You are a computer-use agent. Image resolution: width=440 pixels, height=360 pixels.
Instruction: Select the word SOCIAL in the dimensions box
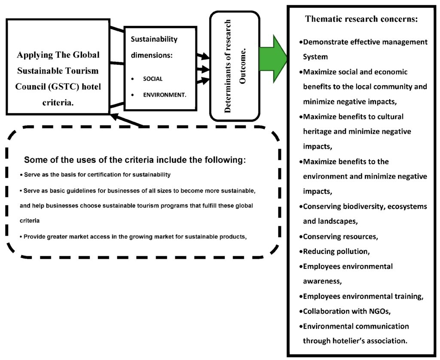coord(153,79)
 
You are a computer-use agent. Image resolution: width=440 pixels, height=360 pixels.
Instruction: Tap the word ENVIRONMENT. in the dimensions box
coord(165,95)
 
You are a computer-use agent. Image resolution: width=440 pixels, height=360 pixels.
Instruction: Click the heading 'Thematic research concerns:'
coord(361,19)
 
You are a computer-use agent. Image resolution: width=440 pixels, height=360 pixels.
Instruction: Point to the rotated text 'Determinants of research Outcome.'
coord(235,66)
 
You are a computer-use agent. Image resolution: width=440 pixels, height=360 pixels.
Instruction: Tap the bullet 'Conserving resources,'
coord(340,236)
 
